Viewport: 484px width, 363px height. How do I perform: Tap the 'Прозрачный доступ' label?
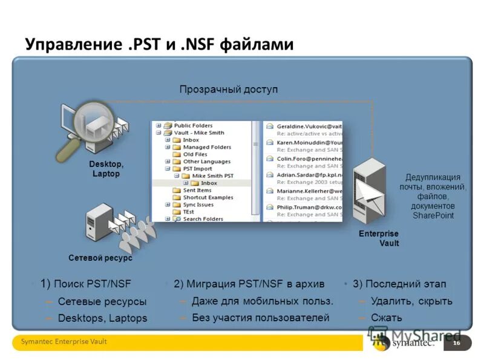(x=228, y=89)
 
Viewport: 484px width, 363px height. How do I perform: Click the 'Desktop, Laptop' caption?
(x=106, y=169)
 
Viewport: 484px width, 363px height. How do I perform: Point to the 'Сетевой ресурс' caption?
(x=100, y=258)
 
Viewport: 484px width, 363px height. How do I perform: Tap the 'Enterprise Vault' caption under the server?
(x=381, y=238)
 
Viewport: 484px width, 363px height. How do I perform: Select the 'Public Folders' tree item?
(x=193, y=126)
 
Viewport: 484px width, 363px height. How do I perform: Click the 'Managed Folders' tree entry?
(x=207, y=147)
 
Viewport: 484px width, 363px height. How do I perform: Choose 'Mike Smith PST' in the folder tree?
(x=212, y=175)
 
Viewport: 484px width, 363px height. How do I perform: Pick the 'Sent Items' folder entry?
(x=197, y=190)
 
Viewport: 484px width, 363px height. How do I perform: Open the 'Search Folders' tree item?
(x=203, y=219)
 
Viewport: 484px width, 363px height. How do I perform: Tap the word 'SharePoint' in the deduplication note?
(x=433, y=215)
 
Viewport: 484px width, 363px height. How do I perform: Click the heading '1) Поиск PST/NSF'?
(x=86, y=283)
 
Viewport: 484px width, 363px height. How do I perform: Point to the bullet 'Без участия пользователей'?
(x=260, y=317)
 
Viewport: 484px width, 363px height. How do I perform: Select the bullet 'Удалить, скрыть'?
(x=411, y=301)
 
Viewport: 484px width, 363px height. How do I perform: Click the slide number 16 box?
(x=456, y=343)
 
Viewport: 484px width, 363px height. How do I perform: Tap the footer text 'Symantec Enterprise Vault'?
(x=64, y=342)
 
